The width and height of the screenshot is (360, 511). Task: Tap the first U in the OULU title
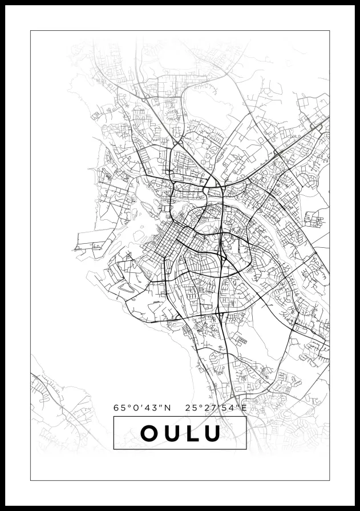tap(170, 433)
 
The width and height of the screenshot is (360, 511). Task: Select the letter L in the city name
tap(191, 433)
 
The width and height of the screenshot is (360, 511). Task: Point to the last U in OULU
tap(211, 433)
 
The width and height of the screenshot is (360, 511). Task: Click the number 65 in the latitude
tap(119, 408)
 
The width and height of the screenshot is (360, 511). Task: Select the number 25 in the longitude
tap(191, 408)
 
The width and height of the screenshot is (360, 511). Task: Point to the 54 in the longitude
tap(226, 408)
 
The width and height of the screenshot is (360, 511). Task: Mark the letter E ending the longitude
tap(244, 408)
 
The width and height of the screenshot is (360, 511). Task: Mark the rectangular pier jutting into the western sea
tap(91, 240)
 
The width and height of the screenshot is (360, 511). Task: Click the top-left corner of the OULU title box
tap(114, 417)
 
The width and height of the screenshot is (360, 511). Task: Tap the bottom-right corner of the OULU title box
tap(246, 449)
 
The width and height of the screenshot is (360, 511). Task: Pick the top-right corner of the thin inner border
tap(330, 30)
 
